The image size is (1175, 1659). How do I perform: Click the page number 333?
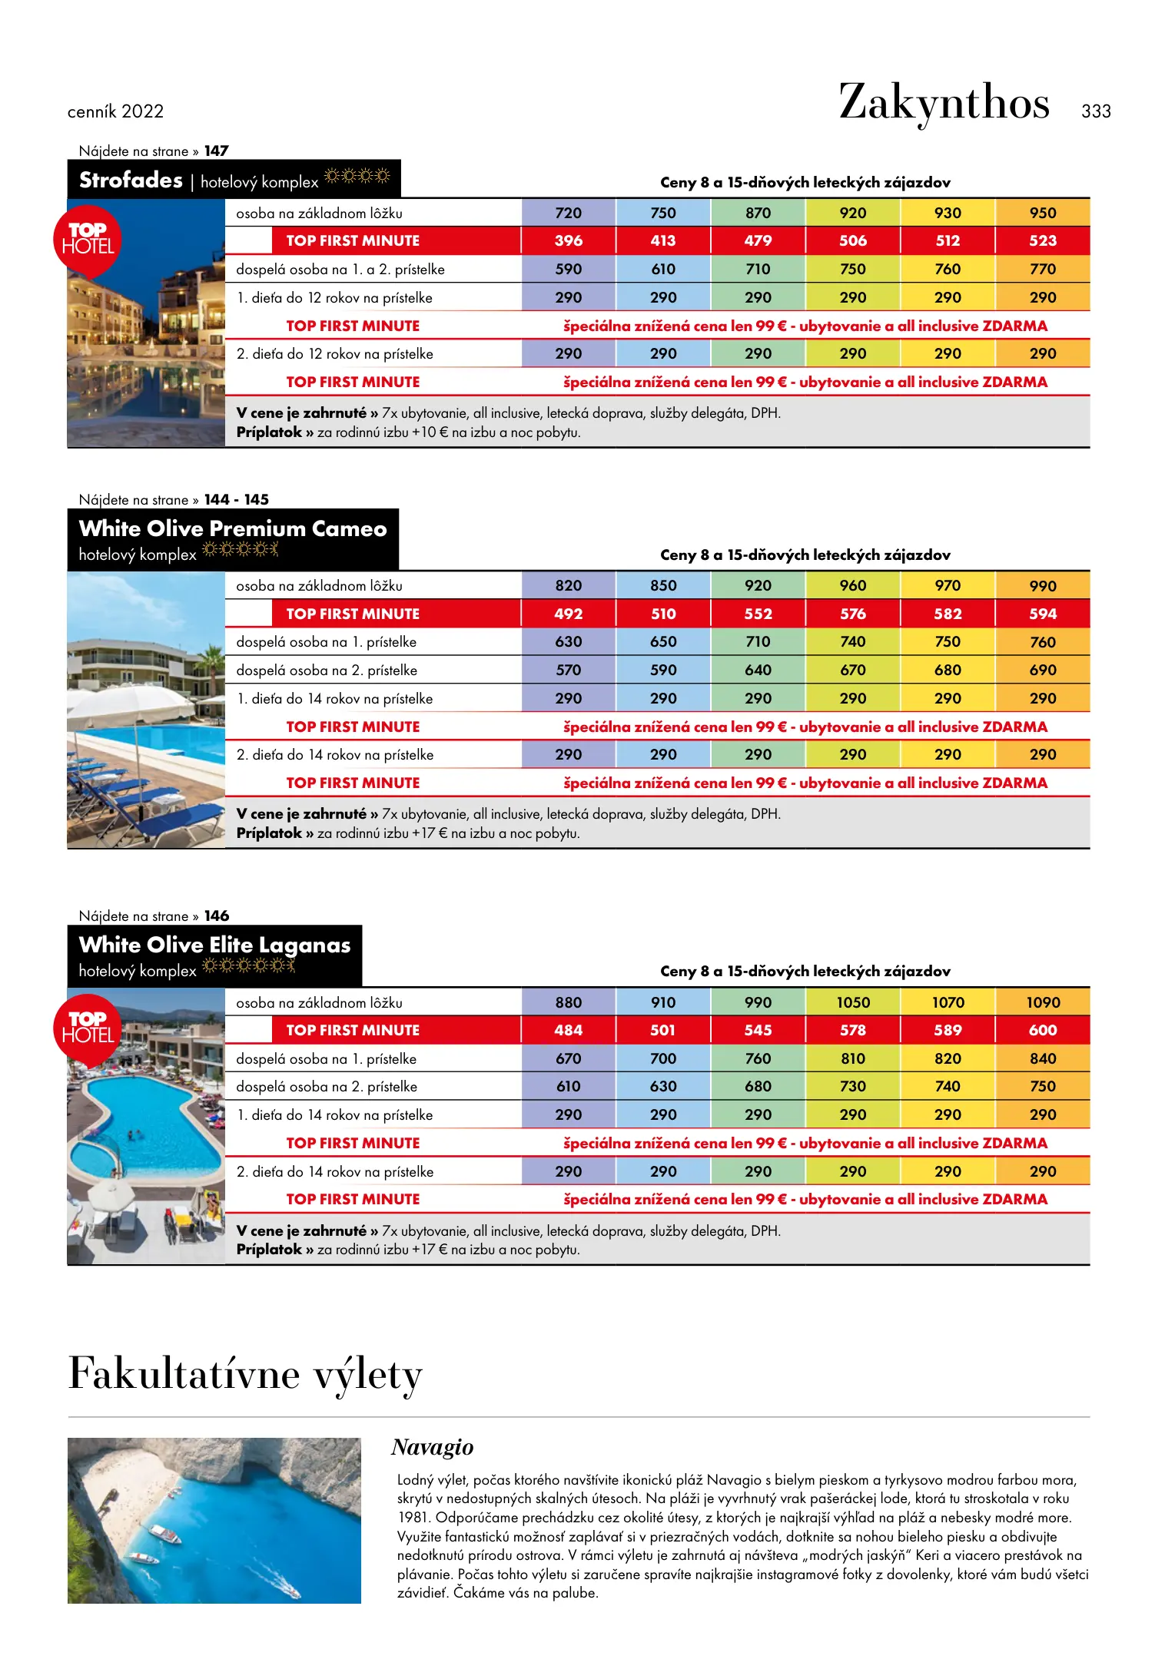click(x=1095, y=111)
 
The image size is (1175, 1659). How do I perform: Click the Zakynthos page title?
click(x=944, y=103)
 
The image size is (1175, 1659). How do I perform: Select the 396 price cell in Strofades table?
click(x=568, y=241)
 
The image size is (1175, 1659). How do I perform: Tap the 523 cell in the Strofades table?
click(x=1042, y=241)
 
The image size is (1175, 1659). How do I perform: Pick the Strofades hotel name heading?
click(x=131, y=180)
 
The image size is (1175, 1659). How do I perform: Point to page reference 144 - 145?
click(x=236, y=500)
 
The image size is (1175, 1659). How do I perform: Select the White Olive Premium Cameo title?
click(x=232, y=529)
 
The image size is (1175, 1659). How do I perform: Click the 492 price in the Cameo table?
click(x=568, y=614)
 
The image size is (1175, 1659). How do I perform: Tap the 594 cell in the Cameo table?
click(x=1042, y=614)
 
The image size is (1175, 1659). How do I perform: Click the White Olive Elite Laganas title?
click(x=214, y=945)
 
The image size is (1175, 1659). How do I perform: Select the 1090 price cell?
click(x=1042, y=1003)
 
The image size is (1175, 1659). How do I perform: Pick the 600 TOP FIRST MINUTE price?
click(x=1042, y=1031)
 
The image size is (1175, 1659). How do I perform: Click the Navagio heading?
click(x=432, y=1448)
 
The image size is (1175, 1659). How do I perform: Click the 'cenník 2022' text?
click(x=115, y=112)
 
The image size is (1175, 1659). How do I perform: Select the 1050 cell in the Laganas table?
click(x=852, y=1003)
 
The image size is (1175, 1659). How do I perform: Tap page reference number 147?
click(x=216, y=151)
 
